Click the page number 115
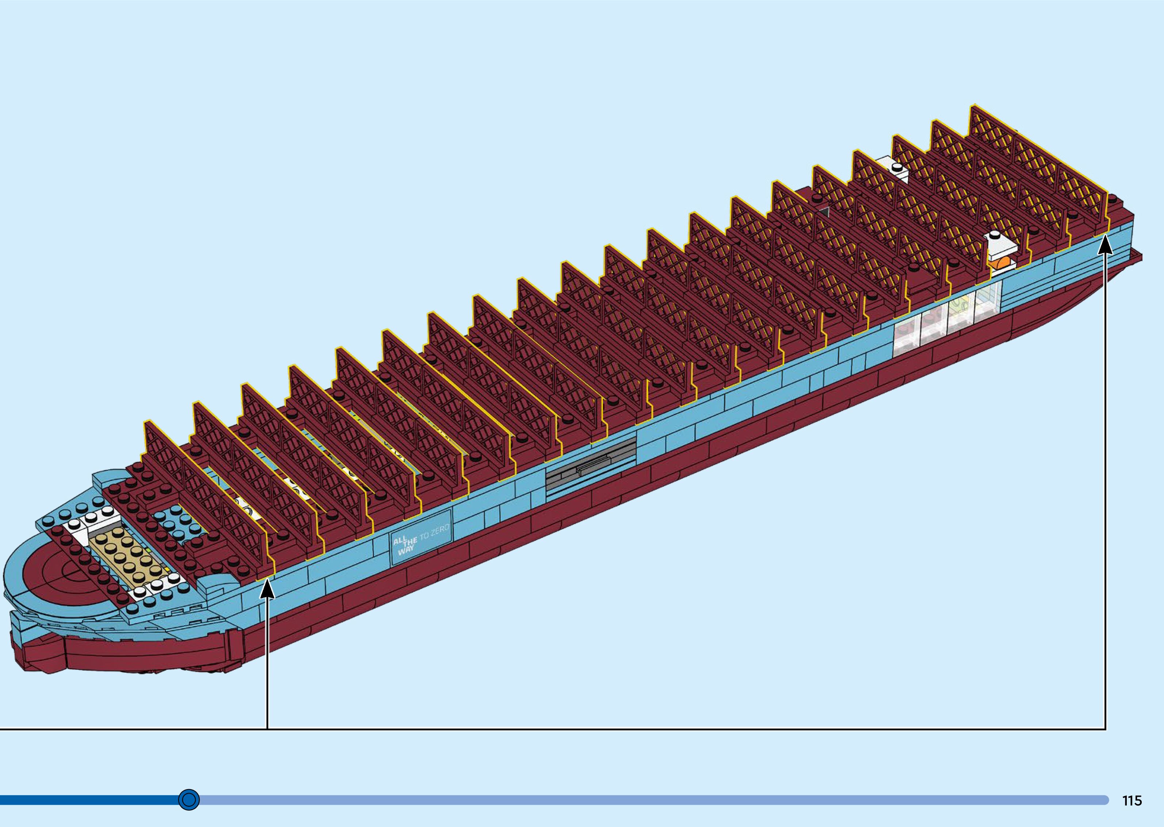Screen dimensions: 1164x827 tap(1132, 800)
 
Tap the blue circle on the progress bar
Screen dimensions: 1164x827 tap(189, 800)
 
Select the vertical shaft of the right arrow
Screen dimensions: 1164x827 tap(1105, 484)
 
